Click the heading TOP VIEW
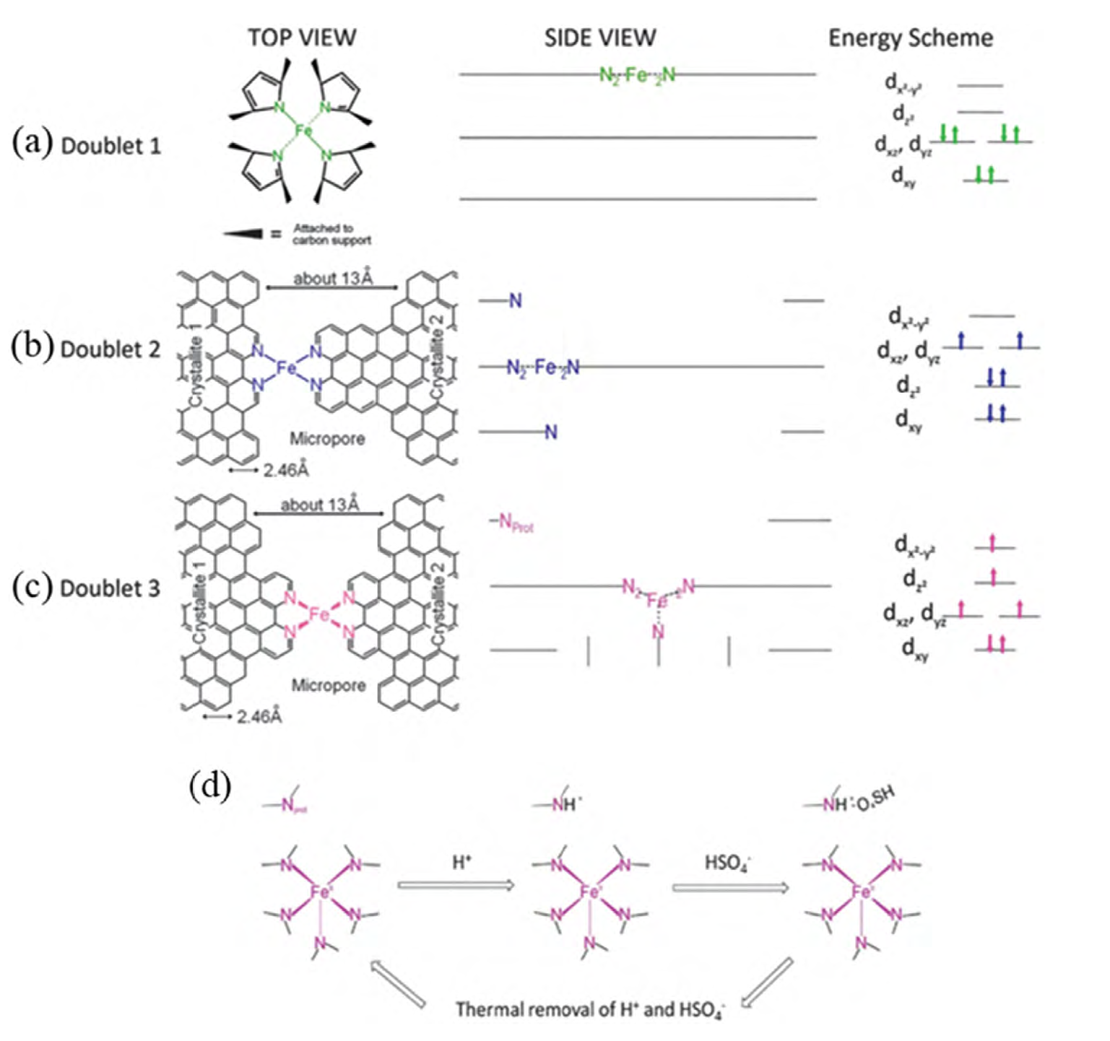(x=302, y=38)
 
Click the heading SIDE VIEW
(x=600, y=38)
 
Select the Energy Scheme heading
(x=910, y=38)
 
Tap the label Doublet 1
(x=111, y=146)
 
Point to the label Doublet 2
(x=110, y=349)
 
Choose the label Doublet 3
(x=110, y=588)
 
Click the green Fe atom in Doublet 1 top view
(x=303, y=131)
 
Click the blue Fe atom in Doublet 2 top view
(x=287, y=368)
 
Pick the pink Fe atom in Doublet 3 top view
(x=318, y=614)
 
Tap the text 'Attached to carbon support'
(x=331, y=234)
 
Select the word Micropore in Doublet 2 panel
(x=327, y=438)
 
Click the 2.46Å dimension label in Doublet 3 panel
(x=259, y=717)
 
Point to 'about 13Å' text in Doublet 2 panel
(x=333, y=279)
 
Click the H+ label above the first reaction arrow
(x=461, y=862)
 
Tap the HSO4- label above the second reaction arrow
(x=727, y=863)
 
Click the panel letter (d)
(x=210, y=786)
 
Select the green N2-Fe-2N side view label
(x=638, y=74)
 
